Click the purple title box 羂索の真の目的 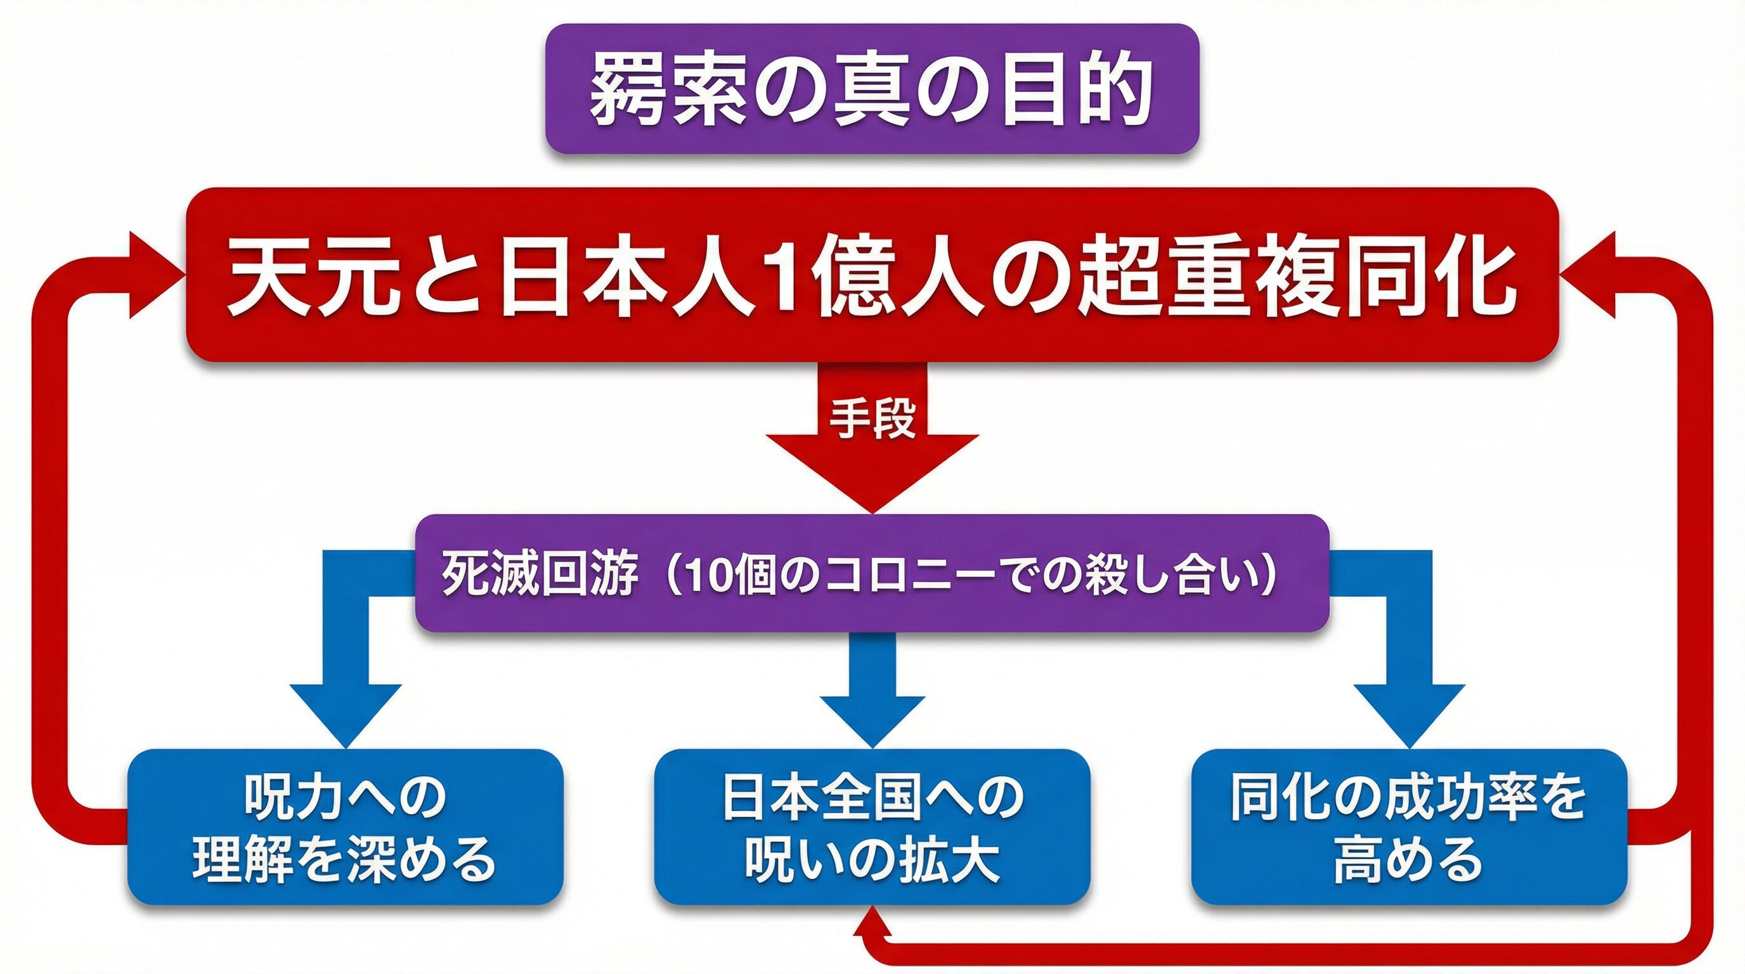pyautogui.click(x=873, y=89)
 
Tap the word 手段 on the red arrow pyautogui.click(x=873, y=419)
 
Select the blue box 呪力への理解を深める pyautogui.click(x=346, y=827)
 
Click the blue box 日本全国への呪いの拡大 pyautogui.click(x=873, y=827)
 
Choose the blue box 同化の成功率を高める pyautogui.click(x=1409, y=827)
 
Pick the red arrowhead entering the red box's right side pyautogui.click(x=1588, y=275)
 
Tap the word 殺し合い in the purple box pyautogui.click(x=1182, y=575)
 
